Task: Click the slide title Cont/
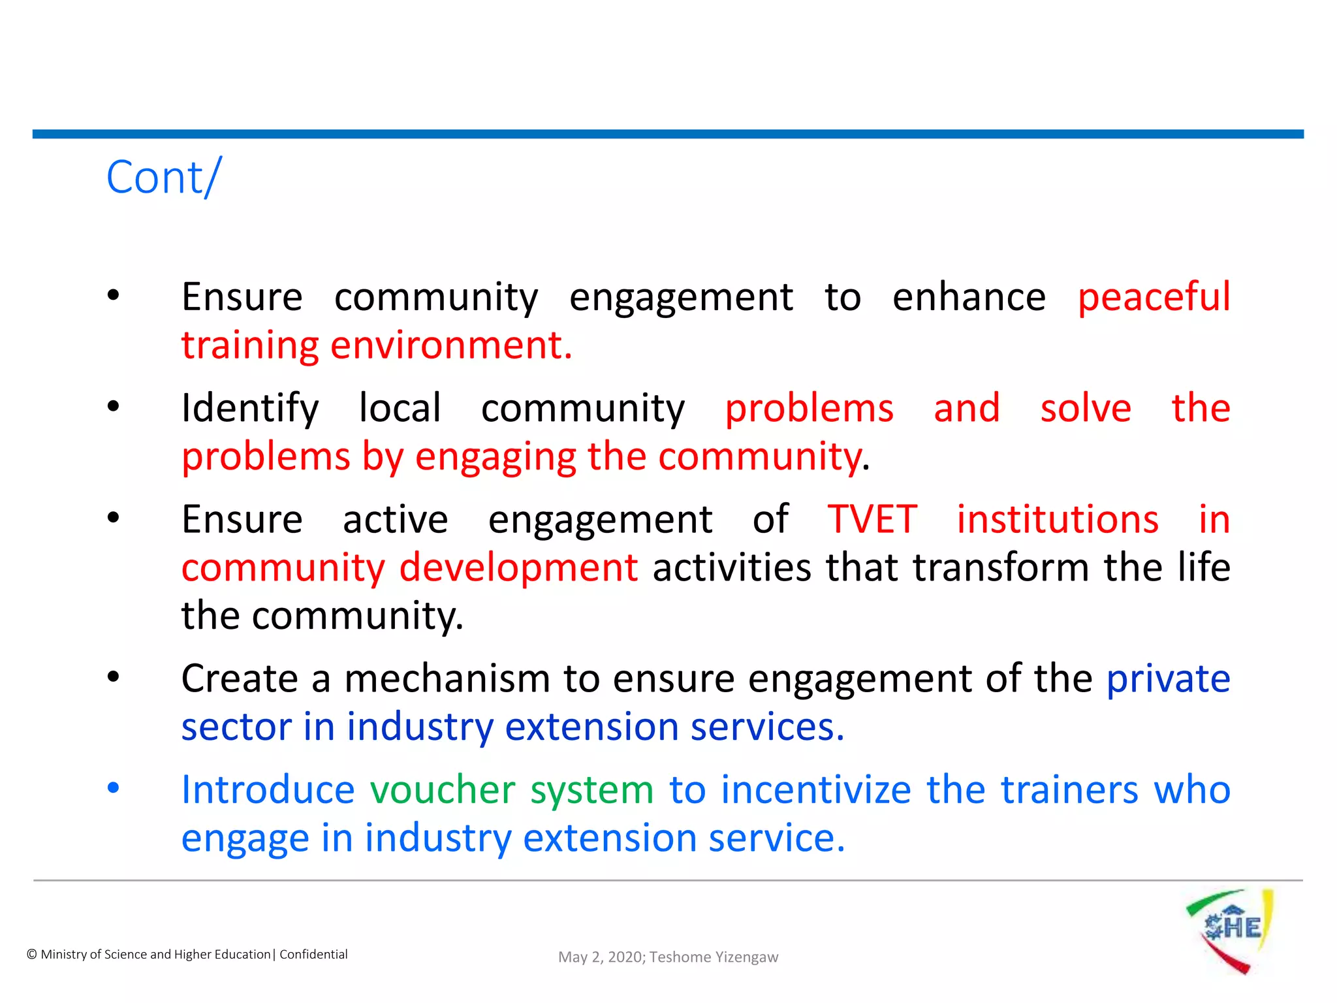164,177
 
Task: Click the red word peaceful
1154,297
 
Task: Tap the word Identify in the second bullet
250,409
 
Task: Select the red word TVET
872,520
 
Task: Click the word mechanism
447,679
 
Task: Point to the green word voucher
443,790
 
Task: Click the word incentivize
816,790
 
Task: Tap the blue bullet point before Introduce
114,788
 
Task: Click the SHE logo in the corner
1230,930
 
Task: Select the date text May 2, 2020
601,957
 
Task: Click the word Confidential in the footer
313,955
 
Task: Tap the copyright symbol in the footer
31,955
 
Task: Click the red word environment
450,345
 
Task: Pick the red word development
518,567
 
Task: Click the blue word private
1168,679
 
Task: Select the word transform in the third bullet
1001,567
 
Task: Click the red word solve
1085,409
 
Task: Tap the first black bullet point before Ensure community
114,295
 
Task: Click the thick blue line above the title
668,134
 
